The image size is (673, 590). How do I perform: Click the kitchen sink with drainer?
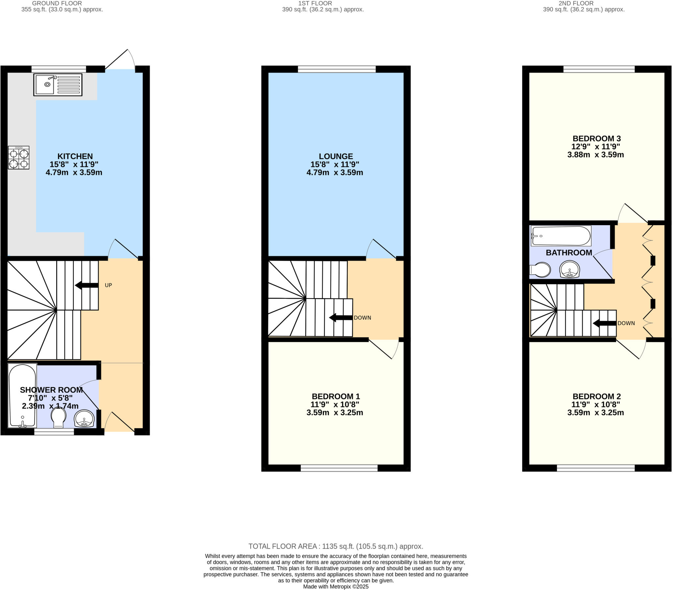[x=58, y=84]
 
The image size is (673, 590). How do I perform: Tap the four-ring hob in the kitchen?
[x=18, y=158]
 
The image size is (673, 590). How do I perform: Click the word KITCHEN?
[x=75, y=156]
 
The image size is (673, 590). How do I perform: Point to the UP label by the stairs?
[x=108, y=285]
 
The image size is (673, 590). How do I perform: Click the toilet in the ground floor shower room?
[x=58, y=417]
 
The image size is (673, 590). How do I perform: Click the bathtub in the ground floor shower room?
[x=22, y=395]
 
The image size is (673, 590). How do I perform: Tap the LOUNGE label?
[x=336, y=156]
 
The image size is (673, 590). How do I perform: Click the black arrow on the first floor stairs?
[x=341, y=318]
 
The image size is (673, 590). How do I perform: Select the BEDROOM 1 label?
[x=336, y=396]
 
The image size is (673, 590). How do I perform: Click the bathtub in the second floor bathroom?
[x=561, y=236]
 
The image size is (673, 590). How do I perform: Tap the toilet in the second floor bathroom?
[x=540, y=270]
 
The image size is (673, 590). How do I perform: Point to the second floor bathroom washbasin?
[x=569, y=269]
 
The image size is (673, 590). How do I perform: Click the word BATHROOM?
[x=569, y=252]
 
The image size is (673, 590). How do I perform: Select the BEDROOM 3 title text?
[x=596, y=139]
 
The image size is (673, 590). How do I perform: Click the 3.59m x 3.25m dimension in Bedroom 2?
[x=595, y=413]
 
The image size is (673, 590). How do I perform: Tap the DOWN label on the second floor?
[x=626, y=323]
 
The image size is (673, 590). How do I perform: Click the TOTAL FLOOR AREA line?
[x=336, y=546]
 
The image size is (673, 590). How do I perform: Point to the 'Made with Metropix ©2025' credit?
[x=336, y=586]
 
